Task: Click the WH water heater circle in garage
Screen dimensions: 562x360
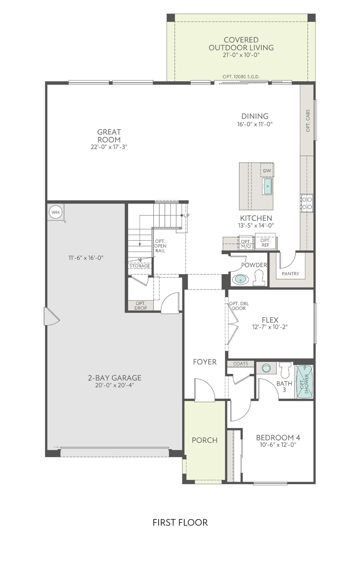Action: [x=56, y=213]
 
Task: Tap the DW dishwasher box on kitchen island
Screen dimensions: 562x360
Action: [x=267, y=170]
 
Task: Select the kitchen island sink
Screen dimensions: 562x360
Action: [x=268, y=186]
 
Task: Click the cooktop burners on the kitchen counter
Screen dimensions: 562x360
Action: [x=307, y=203]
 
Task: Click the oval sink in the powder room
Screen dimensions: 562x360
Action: [x=240, y=279]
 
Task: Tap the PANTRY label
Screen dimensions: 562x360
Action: [x=290, y=274]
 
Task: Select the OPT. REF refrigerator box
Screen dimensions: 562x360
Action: [x=265, y=242]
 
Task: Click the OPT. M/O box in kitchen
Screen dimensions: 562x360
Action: [x=246, y=244]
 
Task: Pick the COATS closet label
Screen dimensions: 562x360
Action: [x=240, y=364]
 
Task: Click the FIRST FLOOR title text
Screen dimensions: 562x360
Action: [x=180, y=523]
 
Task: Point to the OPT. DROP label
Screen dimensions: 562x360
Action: [x=141, y=305]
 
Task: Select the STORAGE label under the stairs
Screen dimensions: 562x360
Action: [x=140, y=266]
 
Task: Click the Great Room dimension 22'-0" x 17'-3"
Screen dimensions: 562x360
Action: [x=109, y=147]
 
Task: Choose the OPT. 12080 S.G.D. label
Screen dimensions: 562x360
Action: [x=241, y=77]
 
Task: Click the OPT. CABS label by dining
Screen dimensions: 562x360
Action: [x=308, y=121]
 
